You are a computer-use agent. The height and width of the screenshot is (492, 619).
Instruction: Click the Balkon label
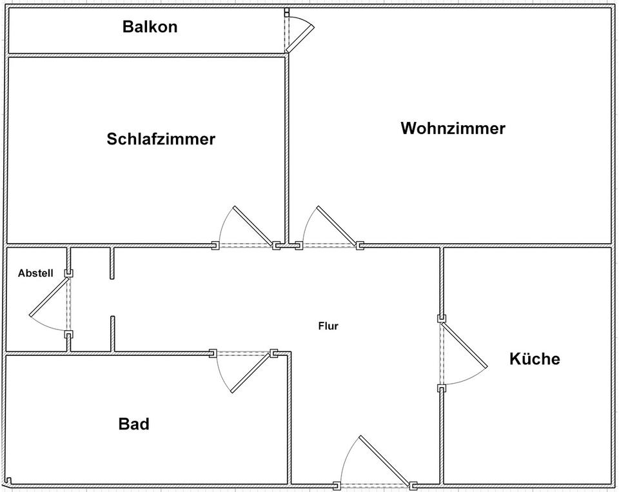[x=150, y=27]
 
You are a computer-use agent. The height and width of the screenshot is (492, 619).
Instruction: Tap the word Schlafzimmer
[x=161, y=139]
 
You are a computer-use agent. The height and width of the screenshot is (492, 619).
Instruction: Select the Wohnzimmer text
[x=453, y=128]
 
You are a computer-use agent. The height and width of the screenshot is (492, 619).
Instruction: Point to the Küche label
[x=535, y=359]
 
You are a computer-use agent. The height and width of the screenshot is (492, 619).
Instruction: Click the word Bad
[x=134, y=424]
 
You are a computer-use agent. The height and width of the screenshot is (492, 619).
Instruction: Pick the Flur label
[x=328, y=326]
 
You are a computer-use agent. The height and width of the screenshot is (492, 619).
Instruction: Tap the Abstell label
[x=35, y=273]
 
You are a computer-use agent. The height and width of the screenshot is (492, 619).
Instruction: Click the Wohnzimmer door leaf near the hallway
[x=337, y=226]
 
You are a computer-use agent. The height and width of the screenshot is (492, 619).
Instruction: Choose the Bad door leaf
[x=251, y=372]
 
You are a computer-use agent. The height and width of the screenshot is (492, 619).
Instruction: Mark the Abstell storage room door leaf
[x=49, y=297]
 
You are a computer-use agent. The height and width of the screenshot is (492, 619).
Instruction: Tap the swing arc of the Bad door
[x=221, y=375]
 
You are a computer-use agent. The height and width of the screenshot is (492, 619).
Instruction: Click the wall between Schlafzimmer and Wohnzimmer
[x=286, y=150]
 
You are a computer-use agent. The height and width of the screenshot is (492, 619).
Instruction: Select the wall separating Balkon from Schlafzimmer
[x=146, y=55]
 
